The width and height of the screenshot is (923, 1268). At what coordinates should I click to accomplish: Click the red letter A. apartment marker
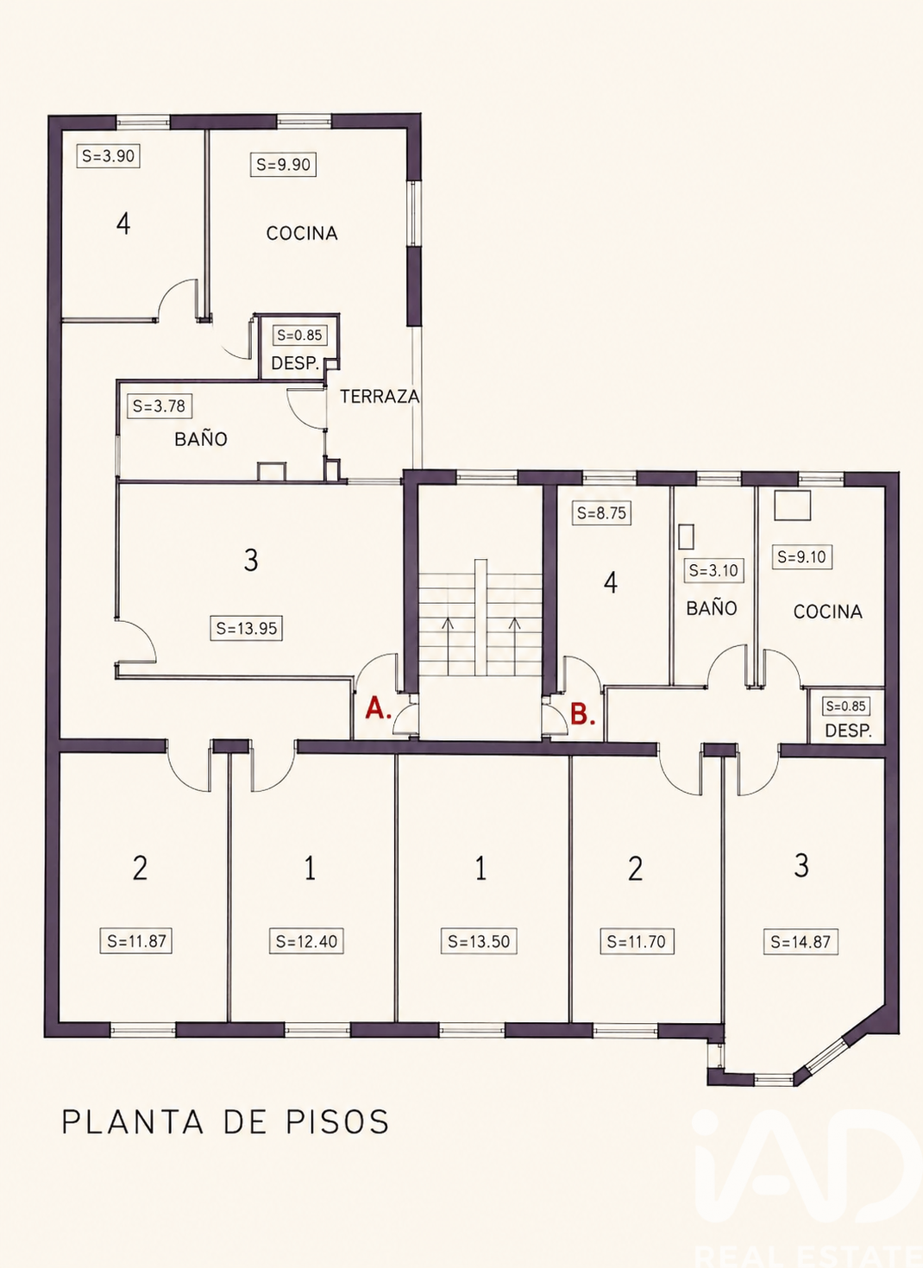click(379, 708)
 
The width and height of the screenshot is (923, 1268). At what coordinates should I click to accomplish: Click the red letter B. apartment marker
click(582, 714)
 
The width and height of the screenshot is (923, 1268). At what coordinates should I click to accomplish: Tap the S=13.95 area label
click(247, 628)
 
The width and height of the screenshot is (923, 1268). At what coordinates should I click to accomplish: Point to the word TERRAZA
click(380, 396)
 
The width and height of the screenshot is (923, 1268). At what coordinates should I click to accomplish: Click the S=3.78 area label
click(159, 406)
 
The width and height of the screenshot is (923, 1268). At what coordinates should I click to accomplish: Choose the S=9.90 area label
click(283, 164)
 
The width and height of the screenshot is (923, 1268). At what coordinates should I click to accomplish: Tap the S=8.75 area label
click(601, 513)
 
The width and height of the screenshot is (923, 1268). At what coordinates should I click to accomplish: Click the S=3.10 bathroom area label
click(714, 570)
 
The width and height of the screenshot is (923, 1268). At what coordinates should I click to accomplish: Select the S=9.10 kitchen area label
click(802, 556)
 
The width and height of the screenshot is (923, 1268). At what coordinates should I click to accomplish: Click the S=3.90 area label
click(108, 155)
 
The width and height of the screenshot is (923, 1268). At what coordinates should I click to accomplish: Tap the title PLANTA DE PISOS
click(225, 1121)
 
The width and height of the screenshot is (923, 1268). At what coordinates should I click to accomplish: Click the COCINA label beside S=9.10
click(827, 612)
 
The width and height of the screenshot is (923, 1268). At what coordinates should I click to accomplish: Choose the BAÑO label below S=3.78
click(201, 439)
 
